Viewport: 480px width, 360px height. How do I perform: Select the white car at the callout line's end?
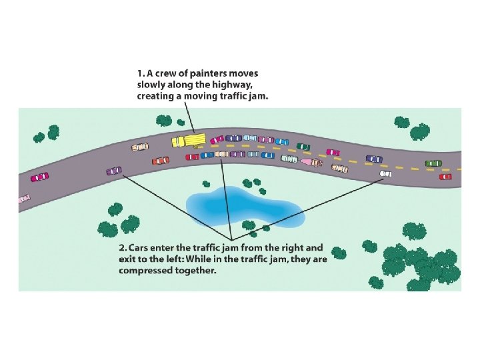385,173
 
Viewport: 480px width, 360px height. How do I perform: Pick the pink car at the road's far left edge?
24,198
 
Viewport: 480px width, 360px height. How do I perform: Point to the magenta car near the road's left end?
39,177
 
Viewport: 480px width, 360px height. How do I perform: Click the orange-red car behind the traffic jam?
160,161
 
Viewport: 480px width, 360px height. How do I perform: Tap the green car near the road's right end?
433,163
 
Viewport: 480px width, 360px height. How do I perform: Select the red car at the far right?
445,177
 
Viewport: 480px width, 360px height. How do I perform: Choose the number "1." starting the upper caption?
141,73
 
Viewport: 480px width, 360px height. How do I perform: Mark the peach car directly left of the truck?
140,147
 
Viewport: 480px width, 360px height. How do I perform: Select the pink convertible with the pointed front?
311,161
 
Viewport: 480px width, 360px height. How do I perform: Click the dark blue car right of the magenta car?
374,159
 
